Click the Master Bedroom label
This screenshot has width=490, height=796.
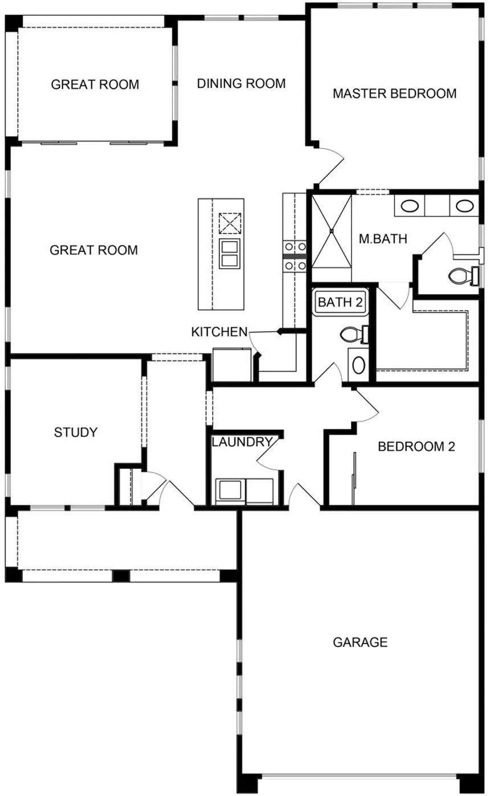pyautogui.click(x=394, y=94)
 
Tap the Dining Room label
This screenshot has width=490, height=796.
pyautogui.click(x=241, y=83)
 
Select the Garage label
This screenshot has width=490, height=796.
pyautogui.click(x=360, y=642)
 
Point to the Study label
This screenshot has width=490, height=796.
pyautogui.click(x=76, y=432)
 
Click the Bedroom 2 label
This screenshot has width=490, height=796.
pyautogui.click(x=416, y=446)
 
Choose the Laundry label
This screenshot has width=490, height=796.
pyautogui.click(x=242, y=442)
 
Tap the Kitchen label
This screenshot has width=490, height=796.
pyautogui.click(x=219, y=331)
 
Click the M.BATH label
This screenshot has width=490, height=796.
pyautogui.click(x=383, y=239)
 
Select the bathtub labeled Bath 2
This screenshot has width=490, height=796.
pyautogui.click(x=340, y=302)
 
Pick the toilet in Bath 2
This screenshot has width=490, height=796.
pyautogui.click(x=354, y=334)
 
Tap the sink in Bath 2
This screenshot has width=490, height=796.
pyautogui.click(x=358, y=365)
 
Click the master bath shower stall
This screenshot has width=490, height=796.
pyautogui.click(x=332, y=231)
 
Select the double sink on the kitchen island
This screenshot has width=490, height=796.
pyautogui.click(x=230, y=254)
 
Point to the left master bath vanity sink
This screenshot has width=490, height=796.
pyautogui.click(x=410, y=206)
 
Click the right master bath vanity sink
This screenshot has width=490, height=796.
pyautogui.click(x=464, y=206)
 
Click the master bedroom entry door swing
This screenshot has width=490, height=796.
pyautogui.click(x=332, y=165)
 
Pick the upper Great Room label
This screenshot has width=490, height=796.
pyautogui.click(x=95, y=84)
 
